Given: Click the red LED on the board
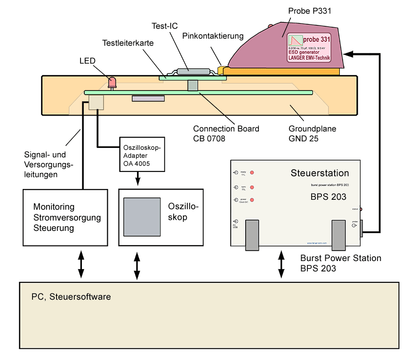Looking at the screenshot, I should pos(112,82).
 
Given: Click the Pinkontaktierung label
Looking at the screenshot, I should pos(213,36).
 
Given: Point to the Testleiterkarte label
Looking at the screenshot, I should pos(128,43).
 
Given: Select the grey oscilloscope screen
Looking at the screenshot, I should pos(142,216).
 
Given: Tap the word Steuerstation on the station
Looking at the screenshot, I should pos(320,173).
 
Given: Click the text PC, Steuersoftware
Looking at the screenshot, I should pos(71,297).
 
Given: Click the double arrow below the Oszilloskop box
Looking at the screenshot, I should pos(137,267).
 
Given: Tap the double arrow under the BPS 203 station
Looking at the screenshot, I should pos(281,265).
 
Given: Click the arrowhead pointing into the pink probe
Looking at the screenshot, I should pos(350,54).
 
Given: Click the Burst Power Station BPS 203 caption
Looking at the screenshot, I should pos(340,263).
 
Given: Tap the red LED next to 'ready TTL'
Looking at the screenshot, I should pos(252,173).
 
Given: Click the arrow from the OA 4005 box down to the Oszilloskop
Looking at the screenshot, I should pos(137,180).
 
